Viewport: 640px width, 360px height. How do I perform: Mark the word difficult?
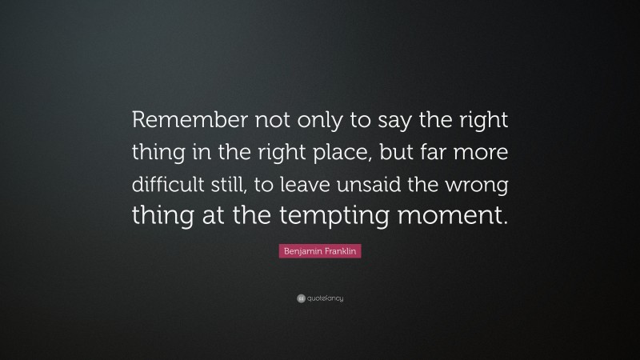(x=167, y=185)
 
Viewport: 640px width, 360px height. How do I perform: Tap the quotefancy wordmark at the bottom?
(x=325, y=299)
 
